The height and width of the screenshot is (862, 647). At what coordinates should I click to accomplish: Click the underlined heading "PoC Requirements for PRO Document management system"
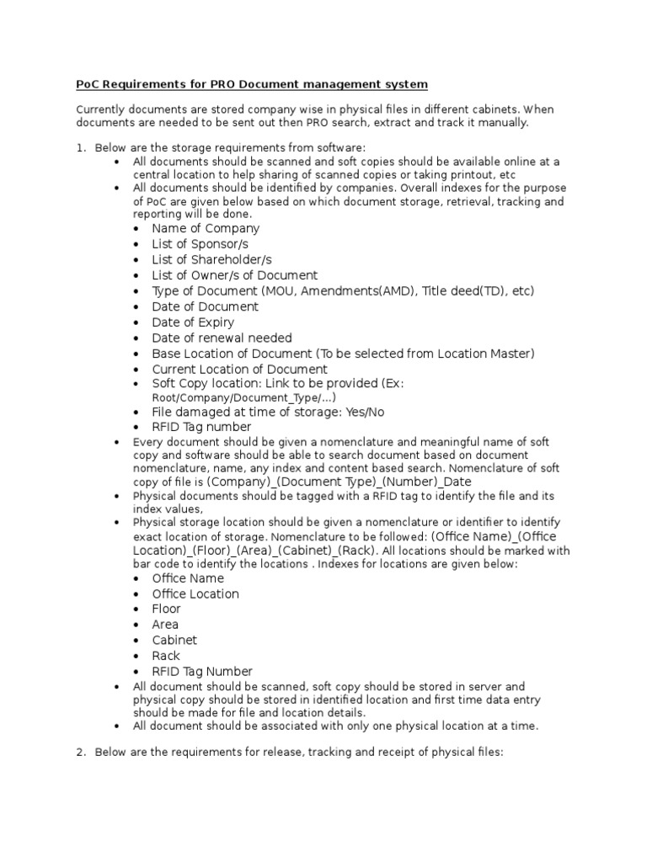click(252, 84)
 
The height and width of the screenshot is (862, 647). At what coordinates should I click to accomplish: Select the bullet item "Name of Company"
click(206, 228)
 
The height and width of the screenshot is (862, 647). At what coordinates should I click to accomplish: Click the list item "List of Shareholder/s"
click(211, 259)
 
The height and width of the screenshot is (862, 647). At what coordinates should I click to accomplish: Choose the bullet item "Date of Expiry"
click(193, 322)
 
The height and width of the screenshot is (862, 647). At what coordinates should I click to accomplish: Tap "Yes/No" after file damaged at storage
click(366, 412)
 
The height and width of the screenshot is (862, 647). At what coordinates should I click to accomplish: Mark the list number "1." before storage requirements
click(82, 147)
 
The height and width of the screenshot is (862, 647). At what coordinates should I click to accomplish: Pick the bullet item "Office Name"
click(188, 578)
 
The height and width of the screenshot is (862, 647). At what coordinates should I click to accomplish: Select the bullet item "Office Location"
click(195, 593)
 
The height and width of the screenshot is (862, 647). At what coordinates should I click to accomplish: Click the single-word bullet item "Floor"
click(166, 609)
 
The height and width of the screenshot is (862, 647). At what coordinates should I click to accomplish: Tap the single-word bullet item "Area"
click(165, 625)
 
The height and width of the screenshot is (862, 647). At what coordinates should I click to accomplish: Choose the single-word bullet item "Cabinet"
click(174, 640)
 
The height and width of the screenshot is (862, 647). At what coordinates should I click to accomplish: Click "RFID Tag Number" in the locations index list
click(202, 671)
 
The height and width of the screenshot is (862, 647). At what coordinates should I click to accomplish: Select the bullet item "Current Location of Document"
click(239, 369)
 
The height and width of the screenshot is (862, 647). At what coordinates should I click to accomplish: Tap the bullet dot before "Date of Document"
click(139, 307)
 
